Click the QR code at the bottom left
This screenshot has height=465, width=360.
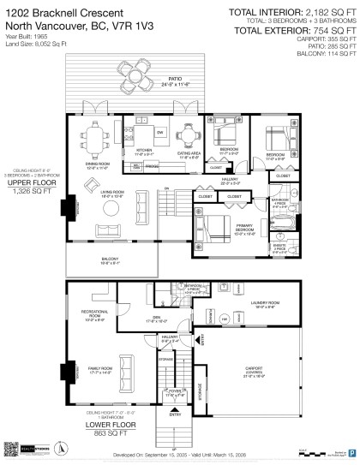(11, 449)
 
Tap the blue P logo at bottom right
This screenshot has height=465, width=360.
(352, 449)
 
